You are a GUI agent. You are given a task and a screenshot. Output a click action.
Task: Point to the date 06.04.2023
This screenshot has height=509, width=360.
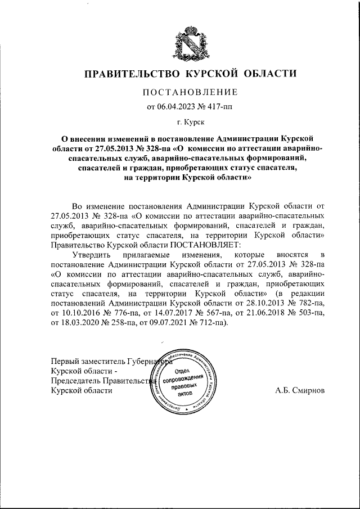tap(175, 106)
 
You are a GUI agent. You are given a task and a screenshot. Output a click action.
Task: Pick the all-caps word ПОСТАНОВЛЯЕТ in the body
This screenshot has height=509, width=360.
tap(204, 245)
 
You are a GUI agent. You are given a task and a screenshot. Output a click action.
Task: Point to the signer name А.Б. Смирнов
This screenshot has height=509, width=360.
tap(300, 390)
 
